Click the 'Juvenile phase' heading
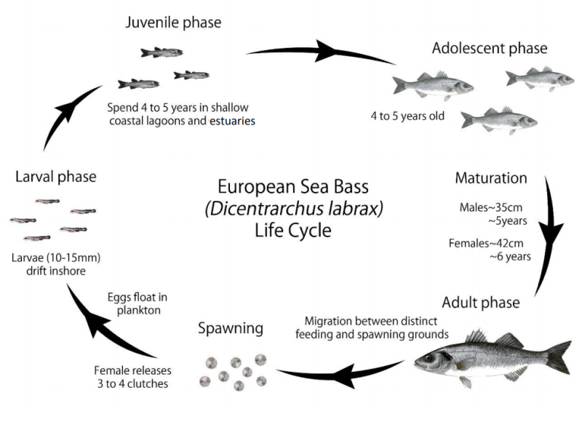pos(173,23)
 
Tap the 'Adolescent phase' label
pos(489,49)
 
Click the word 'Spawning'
pos(230,328)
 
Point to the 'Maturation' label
pos(490,178)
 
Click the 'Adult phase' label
pos(479,302)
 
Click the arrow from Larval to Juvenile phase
pos(65,120)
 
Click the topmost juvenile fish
pos(162,52)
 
